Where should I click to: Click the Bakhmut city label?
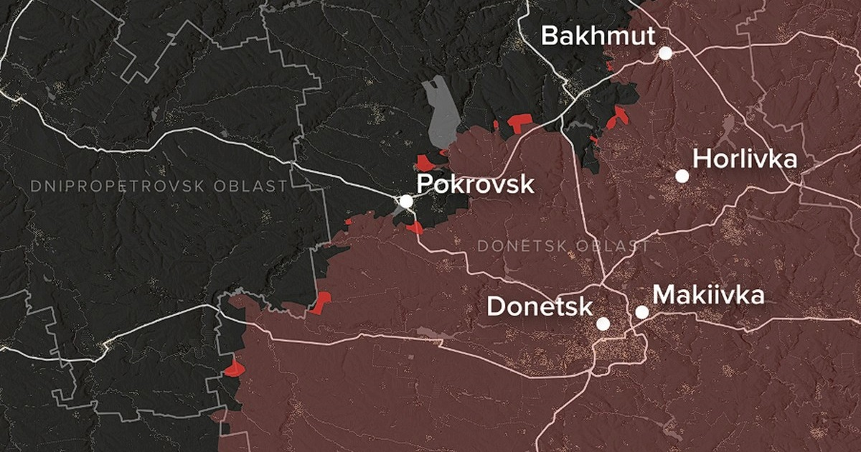pyautogui.click(x=598, y=36)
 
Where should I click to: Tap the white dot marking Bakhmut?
pyautogui.click(x=666, y=53)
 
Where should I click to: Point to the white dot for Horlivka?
pyautogui.click(x=682, y=176)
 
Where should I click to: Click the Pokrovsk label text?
pyautogui.click(x=475, y=184)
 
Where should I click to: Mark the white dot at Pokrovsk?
pyautogui.click(x=406, y=202)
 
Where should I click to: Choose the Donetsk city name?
pyautogui.click(x=540, y=307)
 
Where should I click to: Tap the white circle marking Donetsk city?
pyautogui.click(x=603, y=324)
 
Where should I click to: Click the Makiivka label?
pyautogui.click(x=708, y=295)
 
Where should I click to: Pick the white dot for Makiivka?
pyautogui.click(x=641, y=312)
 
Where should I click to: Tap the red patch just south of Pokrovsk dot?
pyautogui.click(x=415, y=228)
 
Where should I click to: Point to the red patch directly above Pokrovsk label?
pyautogui.click(x=428, y=161)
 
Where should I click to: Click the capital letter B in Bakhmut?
pyautogui.click(x=550, y=36)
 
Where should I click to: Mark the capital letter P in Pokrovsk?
pyautogui.click(x=425, y=184)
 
